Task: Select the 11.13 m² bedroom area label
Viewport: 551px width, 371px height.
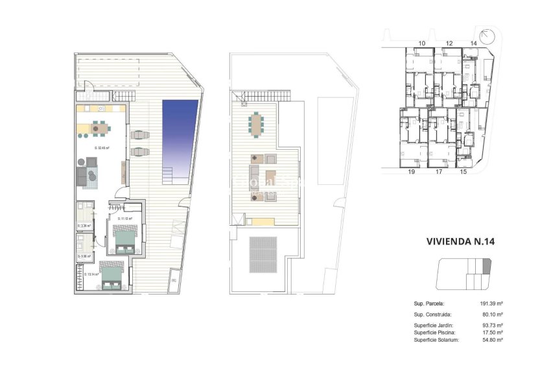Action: click(124, 219)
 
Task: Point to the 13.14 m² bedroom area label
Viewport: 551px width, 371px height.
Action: click(91, 274)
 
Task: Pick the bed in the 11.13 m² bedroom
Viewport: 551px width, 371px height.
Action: click(124, 239)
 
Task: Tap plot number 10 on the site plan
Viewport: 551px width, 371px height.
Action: click(421, 43)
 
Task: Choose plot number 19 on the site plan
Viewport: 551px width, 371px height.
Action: click(411, 172)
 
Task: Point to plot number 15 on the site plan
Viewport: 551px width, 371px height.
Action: click(463, 172)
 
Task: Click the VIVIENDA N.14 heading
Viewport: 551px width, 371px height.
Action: click(460, 241)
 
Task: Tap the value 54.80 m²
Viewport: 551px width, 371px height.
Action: click(493, 339)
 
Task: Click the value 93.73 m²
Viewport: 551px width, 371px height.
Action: click(493, 325)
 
